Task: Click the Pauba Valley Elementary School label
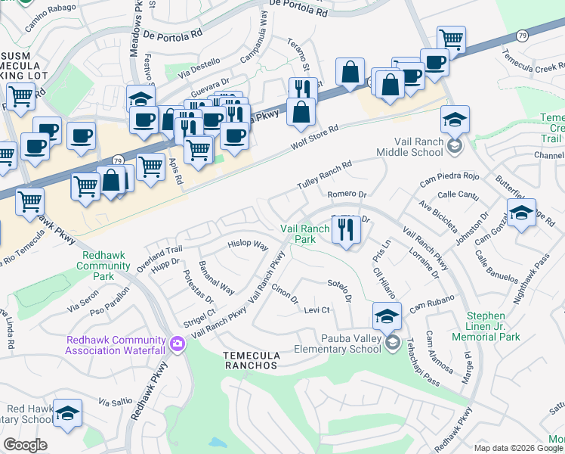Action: (340, 344)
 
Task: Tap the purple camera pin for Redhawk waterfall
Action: (178, 344)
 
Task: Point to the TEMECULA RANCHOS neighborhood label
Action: (252, 360)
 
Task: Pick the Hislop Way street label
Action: (249, 246)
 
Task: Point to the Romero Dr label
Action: (347, 194)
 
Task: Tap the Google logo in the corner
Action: (25, 444)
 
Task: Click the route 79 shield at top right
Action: (522, 36)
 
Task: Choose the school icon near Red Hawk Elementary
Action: (68, 414)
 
